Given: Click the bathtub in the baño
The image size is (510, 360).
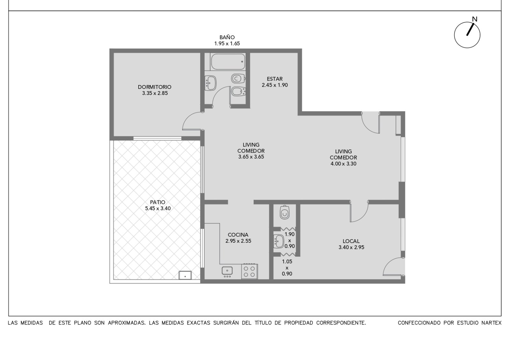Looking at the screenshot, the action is (x=228, y=61).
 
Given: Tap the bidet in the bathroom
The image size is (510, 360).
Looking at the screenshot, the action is (x=238, y=91).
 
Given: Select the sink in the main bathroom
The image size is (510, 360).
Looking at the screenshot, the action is (x=210, y=83).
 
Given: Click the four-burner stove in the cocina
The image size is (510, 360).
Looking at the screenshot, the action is (x=249, y=271).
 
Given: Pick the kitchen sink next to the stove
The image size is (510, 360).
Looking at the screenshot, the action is (x=227, y=271).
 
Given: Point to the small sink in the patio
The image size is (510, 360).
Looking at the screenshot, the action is (x=185, y=275).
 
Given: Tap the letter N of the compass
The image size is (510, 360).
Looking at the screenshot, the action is (x=475, y=19).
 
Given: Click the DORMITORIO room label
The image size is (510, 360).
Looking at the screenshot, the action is (x=155, y=87).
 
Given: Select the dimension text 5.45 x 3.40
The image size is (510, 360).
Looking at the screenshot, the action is (x=158, y=208).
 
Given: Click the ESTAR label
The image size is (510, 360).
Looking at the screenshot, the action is (x=275, y=79).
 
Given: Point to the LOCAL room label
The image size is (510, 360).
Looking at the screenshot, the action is (x=351, y=241).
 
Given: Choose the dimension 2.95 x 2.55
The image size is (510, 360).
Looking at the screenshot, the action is (x=238, y=241).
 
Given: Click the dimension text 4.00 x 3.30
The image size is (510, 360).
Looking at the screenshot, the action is (x=343, y=164).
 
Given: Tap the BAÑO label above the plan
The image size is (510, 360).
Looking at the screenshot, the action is (x=227, y=37).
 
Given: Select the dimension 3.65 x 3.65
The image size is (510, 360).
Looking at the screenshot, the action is (x=251, y=157).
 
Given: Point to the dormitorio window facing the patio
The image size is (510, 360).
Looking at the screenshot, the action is (x=157, y=138).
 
